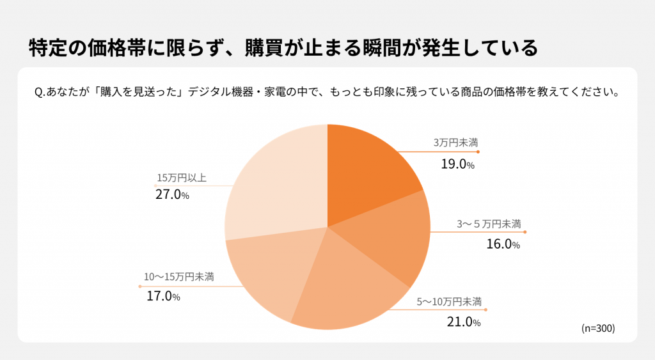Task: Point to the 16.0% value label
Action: tap(503, 244)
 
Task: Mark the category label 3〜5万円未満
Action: tap(489, 224)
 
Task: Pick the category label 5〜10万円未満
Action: tap(449, 301)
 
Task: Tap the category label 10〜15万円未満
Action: tap(178, 277)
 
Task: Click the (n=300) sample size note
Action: tap(597, 328)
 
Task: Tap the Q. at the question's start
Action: tap(40, 91)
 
